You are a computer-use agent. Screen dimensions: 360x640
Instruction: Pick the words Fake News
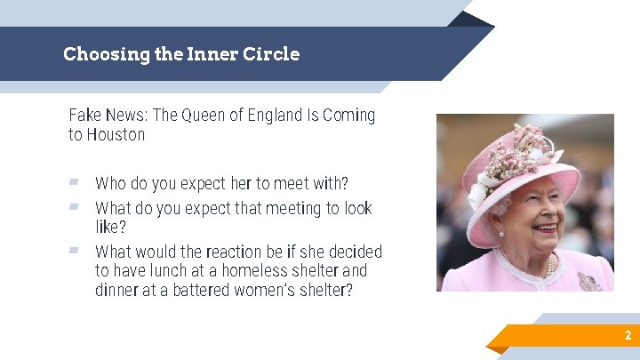(x=106, y=116)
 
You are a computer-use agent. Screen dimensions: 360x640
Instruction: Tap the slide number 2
(x=628, y=336)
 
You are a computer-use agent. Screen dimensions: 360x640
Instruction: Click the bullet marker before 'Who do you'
(x=75, y=183)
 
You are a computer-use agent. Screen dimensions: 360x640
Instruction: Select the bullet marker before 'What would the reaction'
(x=75, y=251)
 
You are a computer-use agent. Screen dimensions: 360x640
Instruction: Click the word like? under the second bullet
(x=111, y=228)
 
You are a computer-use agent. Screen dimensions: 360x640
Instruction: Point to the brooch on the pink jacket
(x=588, y=282)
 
